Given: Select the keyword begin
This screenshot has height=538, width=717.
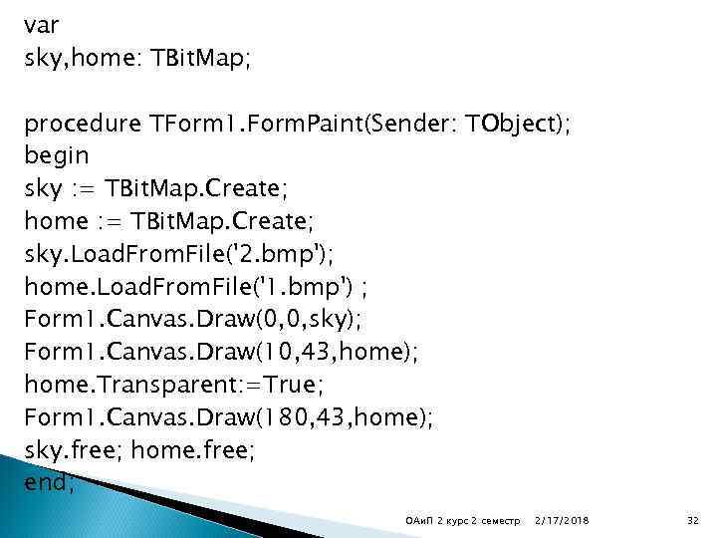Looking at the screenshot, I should [57, 155].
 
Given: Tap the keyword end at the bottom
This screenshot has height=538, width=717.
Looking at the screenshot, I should [49, 484].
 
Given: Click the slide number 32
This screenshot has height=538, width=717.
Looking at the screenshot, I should [694, 520].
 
